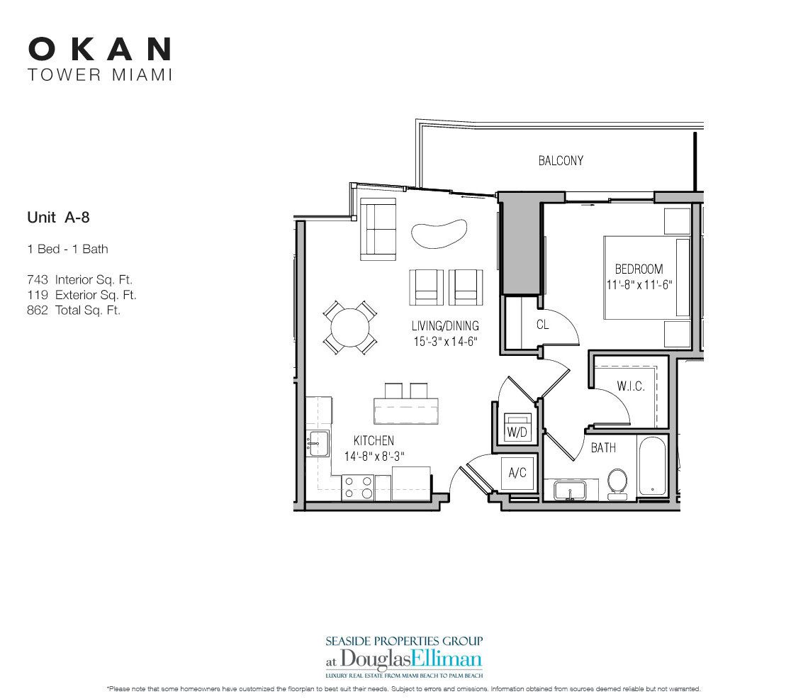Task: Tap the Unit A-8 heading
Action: coord(57,218)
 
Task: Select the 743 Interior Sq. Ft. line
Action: coord(79,280)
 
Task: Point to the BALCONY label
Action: coord(561,161)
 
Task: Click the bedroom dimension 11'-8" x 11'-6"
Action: coord(639,284)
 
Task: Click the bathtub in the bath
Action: coord(651,468)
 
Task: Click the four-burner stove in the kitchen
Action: coord(359,488)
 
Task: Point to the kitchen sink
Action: coord(317,444)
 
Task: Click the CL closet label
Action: coord(542,325)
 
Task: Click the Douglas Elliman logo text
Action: coord(404,656)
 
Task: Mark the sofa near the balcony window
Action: coord(378,228)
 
